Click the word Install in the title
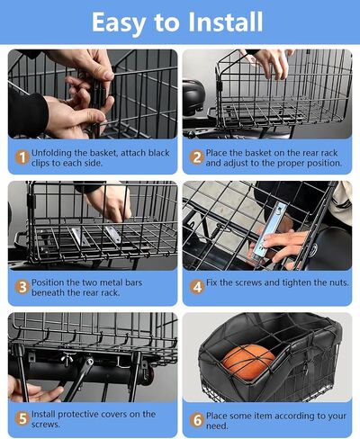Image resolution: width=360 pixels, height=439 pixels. click(225, 22)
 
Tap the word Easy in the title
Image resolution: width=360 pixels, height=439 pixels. click(119, 23)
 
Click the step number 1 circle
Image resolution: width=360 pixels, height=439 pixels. click(22, 157)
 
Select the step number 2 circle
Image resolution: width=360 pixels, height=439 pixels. click(197, 157)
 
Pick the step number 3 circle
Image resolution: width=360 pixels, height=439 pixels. click(22, 287)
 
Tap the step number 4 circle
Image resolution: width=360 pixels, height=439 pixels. click(197, 287)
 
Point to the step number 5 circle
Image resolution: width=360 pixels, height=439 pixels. click(22, 418)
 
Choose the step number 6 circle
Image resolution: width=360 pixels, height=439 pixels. click(197, 420)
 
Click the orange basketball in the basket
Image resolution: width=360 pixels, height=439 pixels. click(248, 363)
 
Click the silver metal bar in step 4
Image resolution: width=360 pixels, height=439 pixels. click(268, 232)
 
